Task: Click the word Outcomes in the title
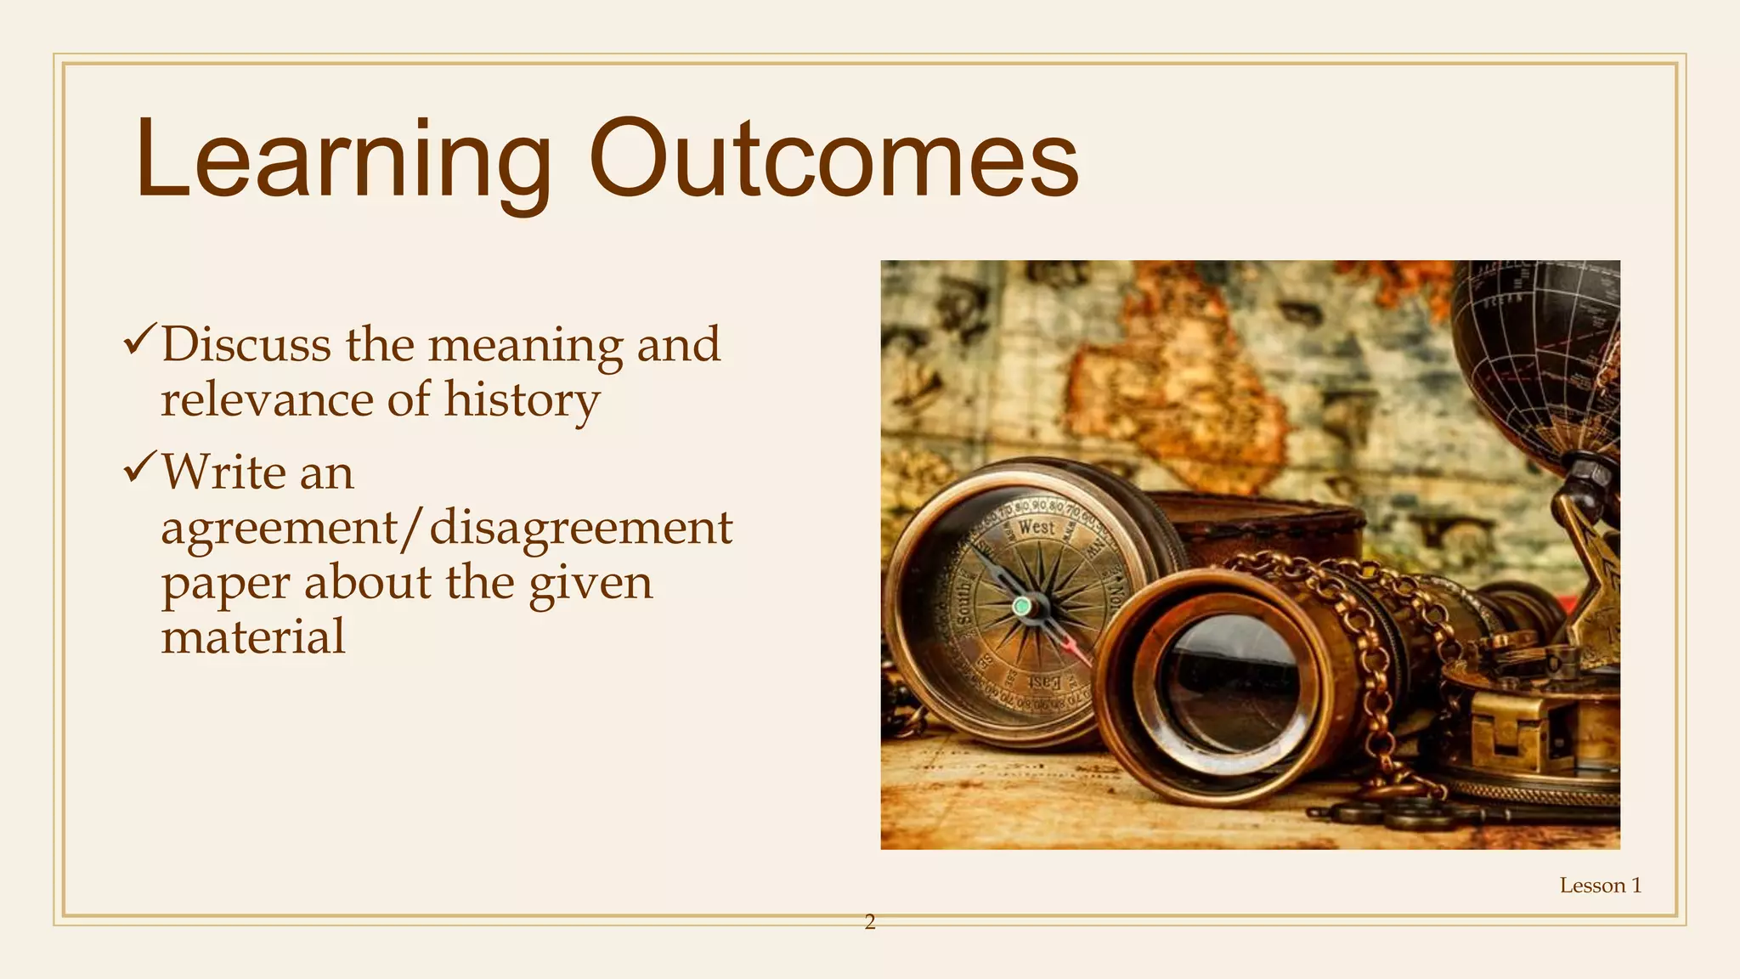coord(833,161)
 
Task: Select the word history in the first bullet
coord(522,400)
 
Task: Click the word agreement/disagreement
coord(446,528)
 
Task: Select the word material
coord(253,637)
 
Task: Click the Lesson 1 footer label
coord(1600,886)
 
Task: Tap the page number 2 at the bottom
coord(869,922)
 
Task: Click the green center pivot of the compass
coord(1022,607)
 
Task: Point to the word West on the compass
coord(1037,527)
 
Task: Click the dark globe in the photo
coord(1538,357)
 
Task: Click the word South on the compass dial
coord(963,599)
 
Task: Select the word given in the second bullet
coord(590,585)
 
